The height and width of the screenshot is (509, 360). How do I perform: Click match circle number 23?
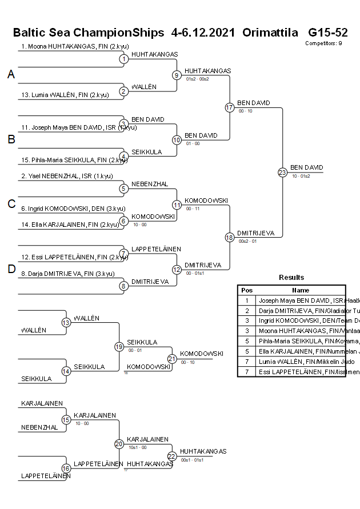282,172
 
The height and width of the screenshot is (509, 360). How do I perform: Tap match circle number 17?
230,107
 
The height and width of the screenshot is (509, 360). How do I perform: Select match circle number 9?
177,75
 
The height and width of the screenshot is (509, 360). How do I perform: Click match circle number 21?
172,359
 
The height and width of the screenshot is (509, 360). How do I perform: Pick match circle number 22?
172,456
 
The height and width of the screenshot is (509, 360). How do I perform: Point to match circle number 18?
230,237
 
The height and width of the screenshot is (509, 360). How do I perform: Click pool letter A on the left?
11,74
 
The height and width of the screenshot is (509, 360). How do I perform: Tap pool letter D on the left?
11,270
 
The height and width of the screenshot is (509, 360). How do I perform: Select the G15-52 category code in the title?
327,33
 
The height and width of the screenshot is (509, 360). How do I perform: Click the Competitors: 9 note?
323,43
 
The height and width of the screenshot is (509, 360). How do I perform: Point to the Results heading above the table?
291,278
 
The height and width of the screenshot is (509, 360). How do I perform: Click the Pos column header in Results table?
247,290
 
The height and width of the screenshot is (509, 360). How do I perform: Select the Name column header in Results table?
301,290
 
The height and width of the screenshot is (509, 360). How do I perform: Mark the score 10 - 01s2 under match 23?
301,177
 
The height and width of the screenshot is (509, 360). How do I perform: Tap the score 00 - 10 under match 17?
246,111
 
